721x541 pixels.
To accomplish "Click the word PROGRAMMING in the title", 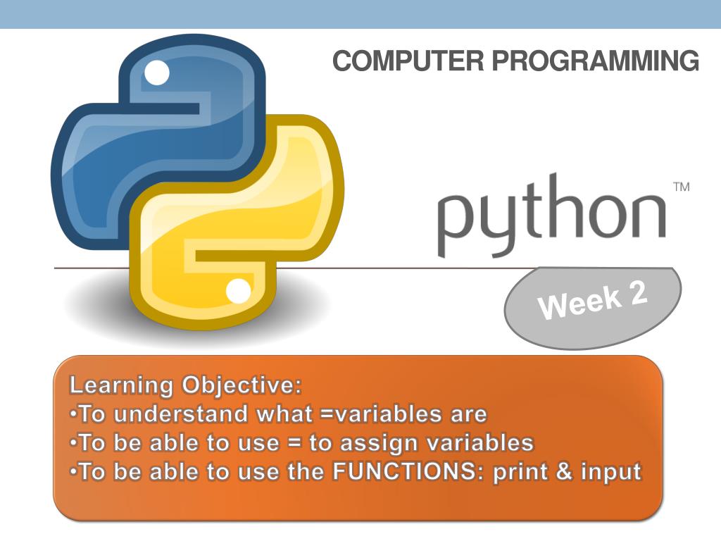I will pos(596,61).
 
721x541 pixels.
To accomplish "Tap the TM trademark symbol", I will pos(681,187).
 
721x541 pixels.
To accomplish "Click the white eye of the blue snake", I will pos(157,71).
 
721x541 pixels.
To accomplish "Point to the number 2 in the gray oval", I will pos(637,293).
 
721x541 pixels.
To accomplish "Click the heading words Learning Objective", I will pos(184,385).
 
